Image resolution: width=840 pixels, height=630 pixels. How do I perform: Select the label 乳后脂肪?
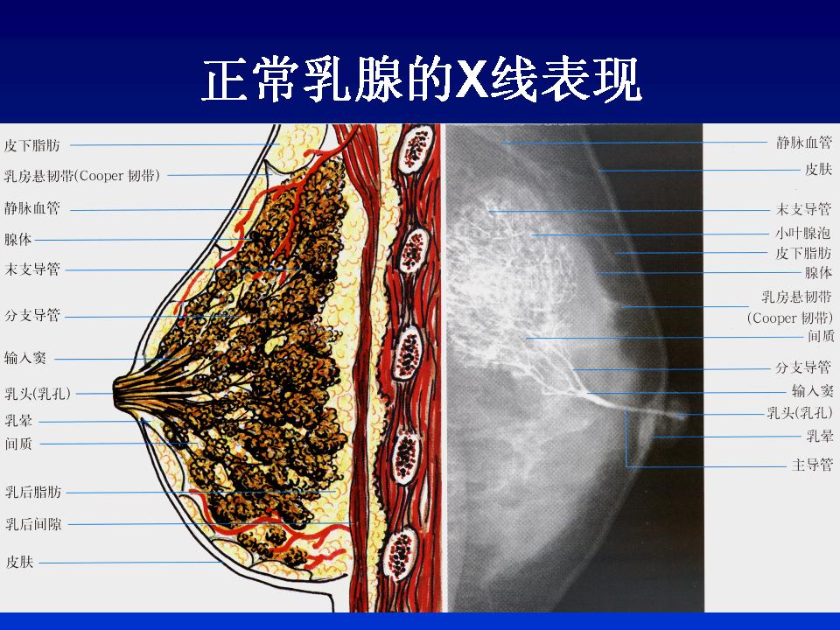(x=33, y=492)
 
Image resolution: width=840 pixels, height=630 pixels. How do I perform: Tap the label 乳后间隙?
(x=33, y=524)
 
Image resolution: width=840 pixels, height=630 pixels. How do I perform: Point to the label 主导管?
(x=813, y=465)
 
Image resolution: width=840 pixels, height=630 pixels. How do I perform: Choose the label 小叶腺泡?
(x=803, y=233)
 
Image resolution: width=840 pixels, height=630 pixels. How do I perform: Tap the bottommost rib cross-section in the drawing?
(x=402, y=553)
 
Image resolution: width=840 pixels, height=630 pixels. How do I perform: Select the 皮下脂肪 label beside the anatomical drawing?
(x=32, y=145)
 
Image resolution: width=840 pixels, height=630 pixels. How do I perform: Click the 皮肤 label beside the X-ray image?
(x=819, y=169)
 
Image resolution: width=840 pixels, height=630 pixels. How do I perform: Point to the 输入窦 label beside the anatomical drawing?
(x=25, y=358)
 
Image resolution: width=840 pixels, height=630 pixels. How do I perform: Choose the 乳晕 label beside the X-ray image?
(x=820, y=436)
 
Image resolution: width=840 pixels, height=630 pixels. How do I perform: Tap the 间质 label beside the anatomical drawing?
(x=18, y=444)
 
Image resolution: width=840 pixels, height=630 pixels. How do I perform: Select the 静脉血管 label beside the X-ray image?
(x=804, y=143)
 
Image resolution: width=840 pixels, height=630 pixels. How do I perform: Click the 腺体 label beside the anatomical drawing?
(x=18, y=240)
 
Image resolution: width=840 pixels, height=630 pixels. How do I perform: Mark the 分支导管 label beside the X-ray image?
(x=803, y=367)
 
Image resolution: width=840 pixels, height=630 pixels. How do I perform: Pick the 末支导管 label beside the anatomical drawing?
(x=32, y=269)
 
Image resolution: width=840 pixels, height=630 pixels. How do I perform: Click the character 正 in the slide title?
(x=225, y=80)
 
